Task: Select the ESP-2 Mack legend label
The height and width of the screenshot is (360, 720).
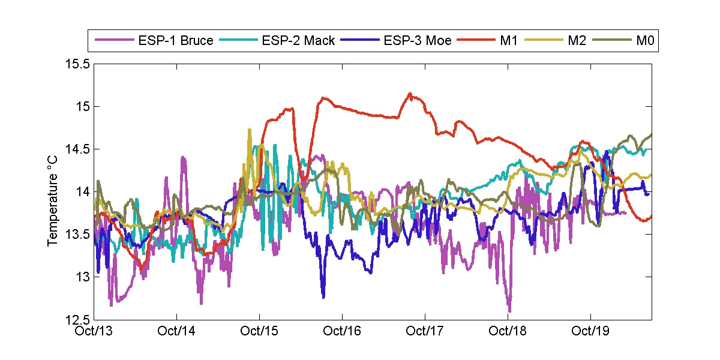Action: point(298,41)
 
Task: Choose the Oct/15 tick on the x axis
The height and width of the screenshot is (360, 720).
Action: point(259,331)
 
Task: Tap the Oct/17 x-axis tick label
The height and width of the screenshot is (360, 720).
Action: point(425,331)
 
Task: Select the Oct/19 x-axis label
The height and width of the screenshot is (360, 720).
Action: point(590,331)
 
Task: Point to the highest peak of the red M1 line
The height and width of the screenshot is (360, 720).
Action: point(410,93)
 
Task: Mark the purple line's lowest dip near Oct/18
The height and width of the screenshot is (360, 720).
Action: point(509,311)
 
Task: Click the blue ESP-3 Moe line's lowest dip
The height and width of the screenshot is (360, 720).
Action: point(323,297)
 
